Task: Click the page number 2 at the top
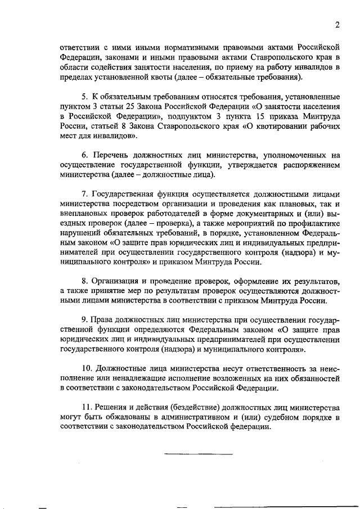(x=337, y=24)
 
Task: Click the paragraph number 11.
(x=86, y=407)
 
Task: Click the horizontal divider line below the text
(x=197, y=453)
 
